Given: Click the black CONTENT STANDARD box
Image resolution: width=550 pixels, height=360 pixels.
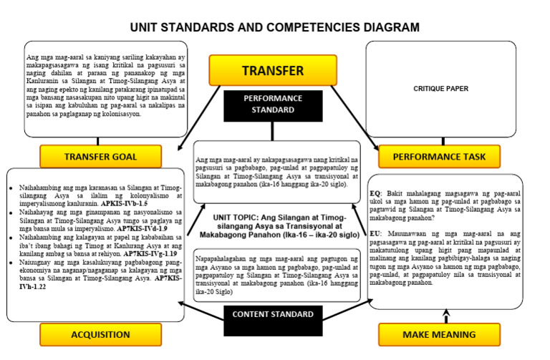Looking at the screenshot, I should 272,314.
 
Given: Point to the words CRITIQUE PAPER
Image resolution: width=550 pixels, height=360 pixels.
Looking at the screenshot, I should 440,89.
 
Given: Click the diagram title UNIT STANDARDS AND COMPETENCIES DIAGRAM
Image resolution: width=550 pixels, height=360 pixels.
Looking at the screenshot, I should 274,27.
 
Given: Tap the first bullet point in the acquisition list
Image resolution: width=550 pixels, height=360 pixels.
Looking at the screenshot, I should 11,188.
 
